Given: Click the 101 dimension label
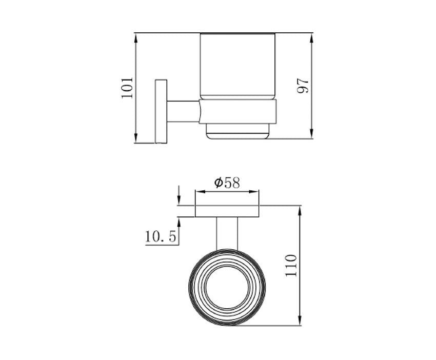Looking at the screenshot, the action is (x=127, y=87).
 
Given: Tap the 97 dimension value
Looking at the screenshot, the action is (x=303, y=86).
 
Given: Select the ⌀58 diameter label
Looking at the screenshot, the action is (x=227, y=183).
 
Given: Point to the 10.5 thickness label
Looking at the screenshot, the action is (x=161, y=237).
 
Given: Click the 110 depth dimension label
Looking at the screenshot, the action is (x=291, y=265).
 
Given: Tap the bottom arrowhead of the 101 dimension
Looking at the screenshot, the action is (x=136, y=138).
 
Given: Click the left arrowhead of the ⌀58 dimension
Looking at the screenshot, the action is (x=200, y=191).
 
